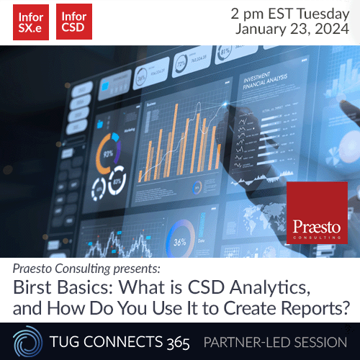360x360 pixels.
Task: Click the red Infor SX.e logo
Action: click(x=31, y=22)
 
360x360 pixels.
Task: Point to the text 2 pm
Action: click(x=246, y=14)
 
